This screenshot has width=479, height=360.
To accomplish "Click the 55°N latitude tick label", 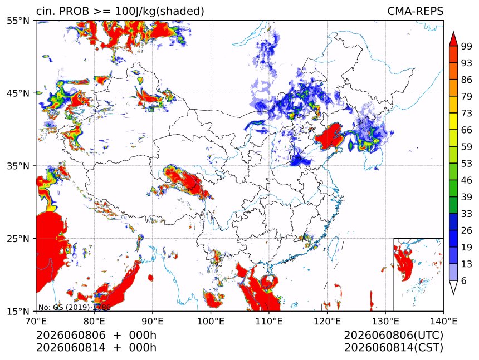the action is point(18,21).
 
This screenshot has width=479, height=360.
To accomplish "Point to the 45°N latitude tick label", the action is point(18,93).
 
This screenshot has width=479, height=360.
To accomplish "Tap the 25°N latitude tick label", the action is point(18,239).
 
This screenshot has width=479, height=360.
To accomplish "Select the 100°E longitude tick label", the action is point(211,321).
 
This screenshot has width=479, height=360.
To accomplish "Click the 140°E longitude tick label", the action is point(443,321).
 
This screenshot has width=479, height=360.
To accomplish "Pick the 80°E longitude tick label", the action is point(94,321).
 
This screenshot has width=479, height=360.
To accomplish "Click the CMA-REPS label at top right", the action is point(415,11).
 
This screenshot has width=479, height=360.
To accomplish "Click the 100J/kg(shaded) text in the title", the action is point(159,12).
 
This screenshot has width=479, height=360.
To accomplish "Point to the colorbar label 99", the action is point(467,46).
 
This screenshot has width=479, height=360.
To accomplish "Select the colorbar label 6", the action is point(464,280).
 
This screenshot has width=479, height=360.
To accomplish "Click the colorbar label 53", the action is point(467,164).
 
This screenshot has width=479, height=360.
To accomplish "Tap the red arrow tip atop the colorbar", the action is point(453,32).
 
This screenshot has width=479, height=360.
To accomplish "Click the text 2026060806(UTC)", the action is point(393,335).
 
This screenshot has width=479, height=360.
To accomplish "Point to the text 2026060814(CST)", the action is point(393,348).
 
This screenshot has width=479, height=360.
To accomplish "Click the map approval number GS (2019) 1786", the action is point(74,307).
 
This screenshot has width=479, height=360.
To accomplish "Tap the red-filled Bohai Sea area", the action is point(329,137).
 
